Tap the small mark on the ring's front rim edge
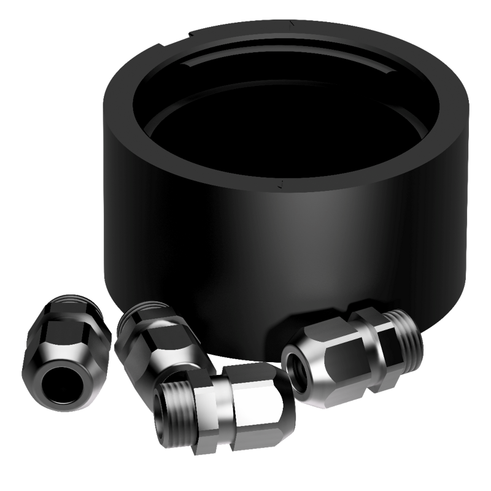tap(280, 183)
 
